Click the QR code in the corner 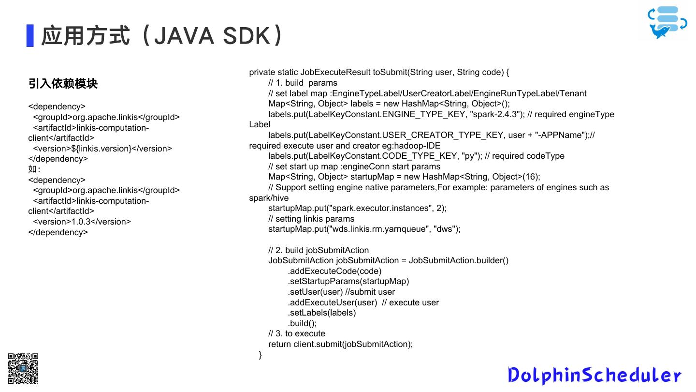(x=23, y=368)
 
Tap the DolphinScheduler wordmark (x=594, y=376)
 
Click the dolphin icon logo (x=667, y=22)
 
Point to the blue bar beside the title (x=30, y=35)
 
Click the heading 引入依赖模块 (x=63, y=84)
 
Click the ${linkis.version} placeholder (x=101, y=149)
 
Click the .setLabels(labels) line (x=322, y=313)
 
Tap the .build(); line (x=302, y=323)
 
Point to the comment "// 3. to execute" (x=297, y=333)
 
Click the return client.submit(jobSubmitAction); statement (x=341, y=344)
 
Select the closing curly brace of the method (x=260, y=355)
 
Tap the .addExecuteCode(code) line (x=334, y=271)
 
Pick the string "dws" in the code (x=445, y=229)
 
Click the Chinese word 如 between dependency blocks (x=32, y=169)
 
